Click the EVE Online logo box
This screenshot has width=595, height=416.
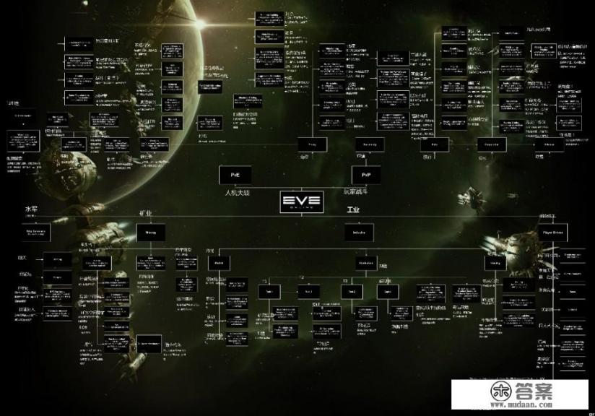(x=302, y=201)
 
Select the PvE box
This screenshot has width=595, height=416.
(x=235, y=175)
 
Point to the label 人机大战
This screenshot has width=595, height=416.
(x=236, y=193)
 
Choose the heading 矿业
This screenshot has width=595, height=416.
(x=144, y=214)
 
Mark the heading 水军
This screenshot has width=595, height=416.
(x=30, y=209)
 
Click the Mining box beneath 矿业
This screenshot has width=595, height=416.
(x=152, y=232)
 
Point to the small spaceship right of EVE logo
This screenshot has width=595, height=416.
(x=474, y=194)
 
